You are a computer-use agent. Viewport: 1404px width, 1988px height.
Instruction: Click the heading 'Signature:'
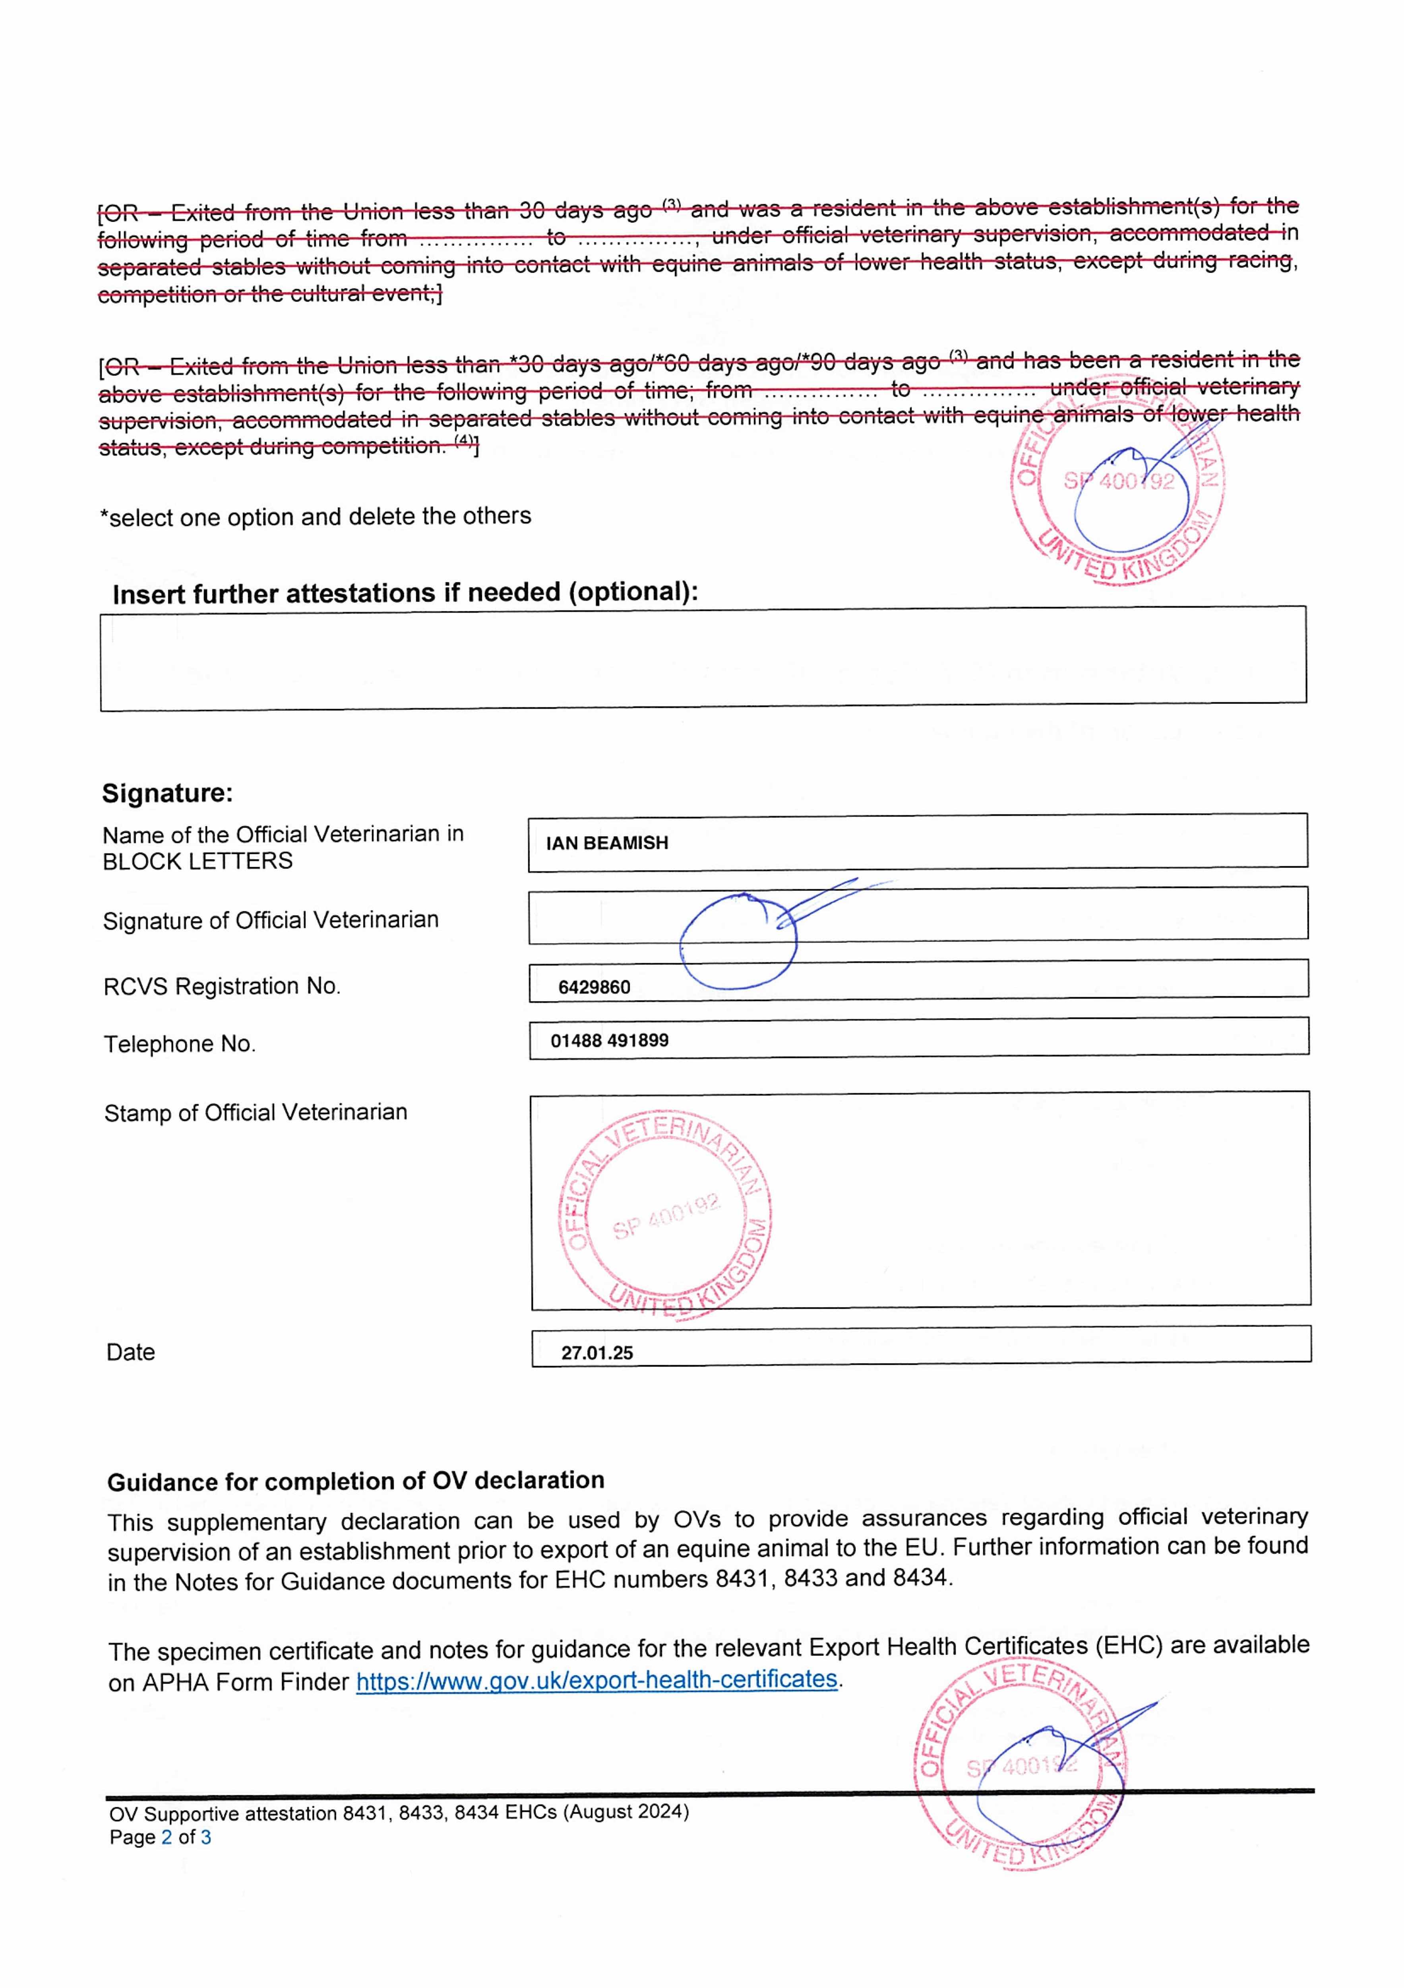(x=167, y=793)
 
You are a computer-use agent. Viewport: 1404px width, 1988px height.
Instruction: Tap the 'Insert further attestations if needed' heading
(x=405, y=593)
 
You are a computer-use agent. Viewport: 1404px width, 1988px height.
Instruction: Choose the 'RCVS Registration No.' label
(x=222, y=986)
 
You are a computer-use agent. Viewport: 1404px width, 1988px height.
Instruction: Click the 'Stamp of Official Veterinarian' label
(x=256, y=1112)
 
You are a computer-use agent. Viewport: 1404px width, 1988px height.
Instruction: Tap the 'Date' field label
(x=131, y=1353)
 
